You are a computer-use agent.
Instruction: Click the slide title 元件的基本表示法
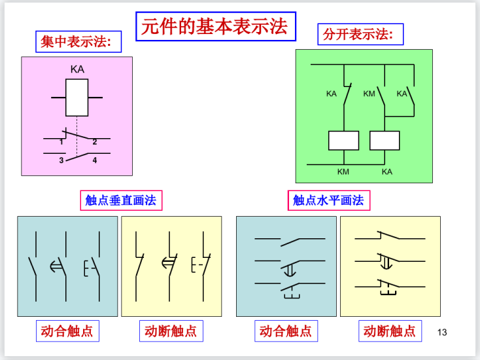click(x=214, y=26)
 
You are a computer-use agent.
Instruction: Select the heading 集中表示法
click(x=76, y=42)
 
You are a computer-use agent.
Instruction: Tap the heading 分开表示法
click(x=358, y=34)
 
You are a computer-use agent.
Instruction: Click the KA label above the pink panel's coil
click(x=77, y=69)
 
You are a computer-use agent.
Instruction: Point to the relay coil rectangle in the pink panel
click(x=77, y=98)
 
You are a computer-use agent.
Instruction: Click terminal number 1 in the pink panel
click(x=61, y=142)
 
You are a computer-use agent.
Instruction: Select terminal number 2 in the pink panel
click(x=95, y=142)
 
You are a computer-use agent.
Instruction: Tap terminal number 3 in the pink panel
click(x=61, y=160)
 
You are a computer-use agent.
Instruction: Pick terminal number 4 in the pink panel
click(x=95, y=160)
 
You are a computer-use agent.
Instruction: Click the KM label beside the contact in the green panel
click(x=369, y=94)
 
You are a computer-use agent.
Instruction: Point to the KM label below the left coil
click(x=343, y=171)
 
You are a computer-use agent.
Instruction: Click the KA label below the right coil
click(x=387, y=171)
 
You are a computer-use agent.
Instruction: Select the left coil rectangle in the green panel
click(x=343, y=141)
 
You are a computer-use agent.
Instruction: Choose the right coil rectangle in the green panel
click(x=385, y=141)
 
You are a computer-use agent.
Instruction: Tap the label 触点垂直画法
click(x=121, y=200)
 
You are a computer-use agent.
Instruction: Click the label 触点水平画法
click(x=328, y=200)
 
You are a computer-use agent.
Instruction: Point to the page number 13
click(x=442, y=332)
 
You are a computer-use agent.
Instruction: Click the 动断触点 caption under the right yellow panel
click(x=389, y=331)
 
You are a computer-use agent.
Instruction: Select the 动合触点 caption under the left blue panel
click(x=67, y=331)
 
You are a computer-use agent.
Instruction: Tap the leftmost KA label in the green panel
click(x=331, y=94)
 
